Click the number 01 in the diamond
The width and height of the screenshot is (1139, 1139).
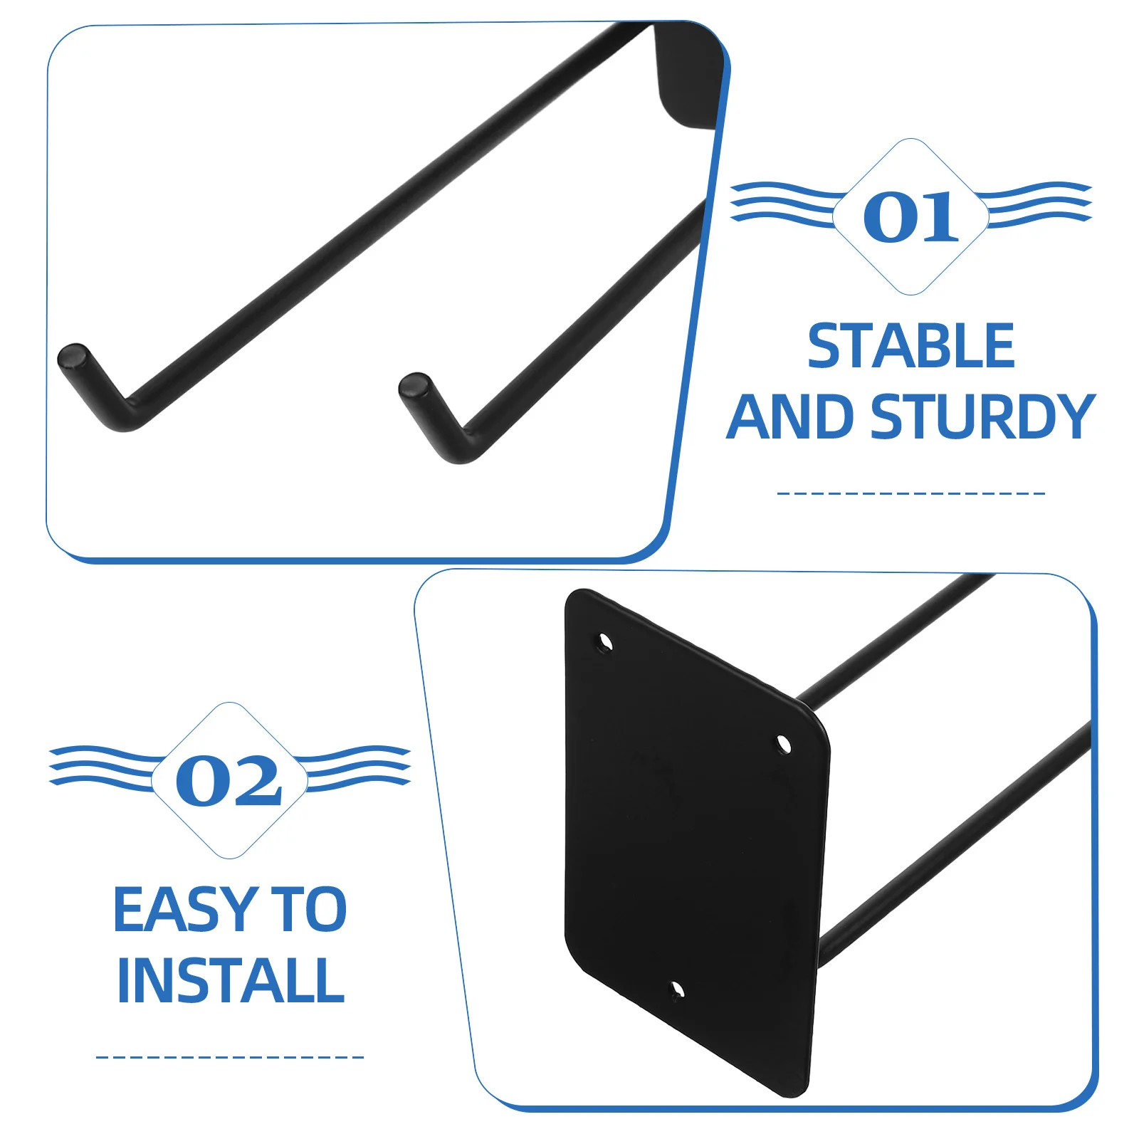(x=910, y=217)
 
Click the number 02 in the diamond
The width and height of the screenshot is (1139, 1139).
(x=229, y=781)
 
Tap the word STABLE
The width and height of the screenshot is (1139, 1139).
(x=910, y=347)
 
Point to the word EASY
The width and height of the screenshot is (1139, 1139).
(x=185, y=910)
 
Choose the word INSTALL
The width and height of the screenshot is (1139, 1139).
(x=231, y=981)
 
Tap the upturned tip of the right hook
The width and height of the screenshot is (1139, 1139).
(x=415, y=385)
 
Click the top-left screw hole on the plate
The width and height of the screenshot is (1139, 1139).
(x=605, y=644)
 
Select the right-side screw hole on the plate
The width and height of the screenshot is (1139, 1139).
(x=783, y=745)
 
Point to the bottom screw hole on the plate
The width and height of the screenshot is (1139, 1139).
(x=677, y=990)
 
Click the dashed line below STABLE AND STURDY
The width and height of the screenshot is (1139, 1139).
(x=910, y=493)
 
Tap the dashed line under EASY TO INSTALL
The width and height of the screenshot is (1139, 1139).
(x=229, y=1057)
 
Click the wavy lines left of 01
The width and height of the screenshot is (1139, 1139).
(x=783, y=204)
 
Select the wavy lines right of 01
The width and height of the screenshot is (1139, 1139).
(x=1039, y=204)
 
